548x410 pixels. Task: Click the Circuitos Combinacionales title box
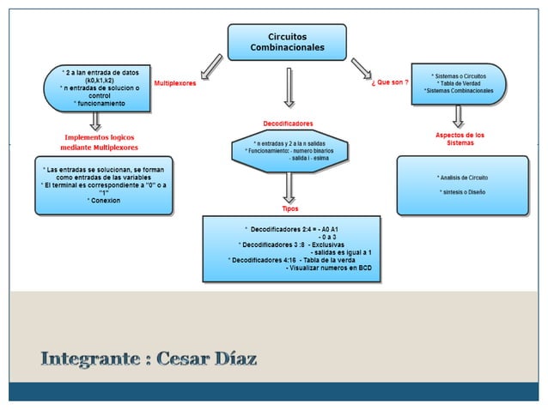(287, 41)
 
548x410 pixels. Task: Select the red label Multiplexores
(174, 83)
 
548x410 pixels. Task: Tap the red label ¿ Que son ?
(389, 83)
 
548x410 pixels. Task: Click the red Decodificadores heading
(288, 124)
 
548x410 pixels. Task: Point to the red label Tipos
(290, 208)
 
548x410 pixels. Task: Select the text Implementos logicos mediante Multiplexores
(100, 142)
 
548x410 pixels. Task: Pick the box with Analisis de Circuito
(461, 184)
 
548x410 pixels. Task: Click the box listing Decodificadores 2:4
(292, 249)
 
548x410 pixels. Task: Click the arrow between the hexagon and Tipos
(289, 188)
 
